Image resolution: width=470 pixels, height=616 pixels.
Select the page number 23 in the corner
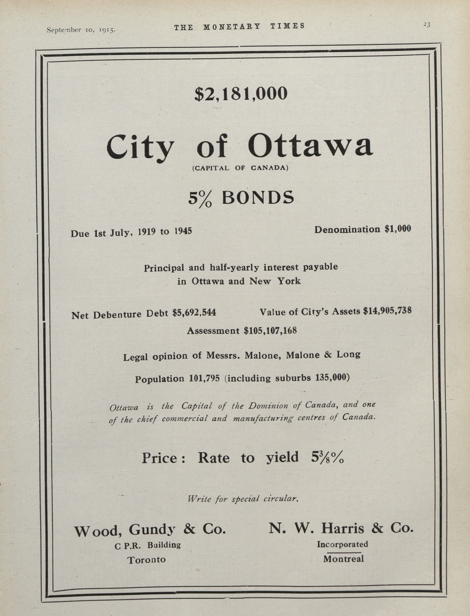pos(426,25)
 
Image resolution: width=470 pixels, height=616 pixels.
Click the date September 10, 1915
pos(81,30)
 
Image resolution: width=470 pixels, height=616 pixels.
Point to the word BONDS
pos(258,197)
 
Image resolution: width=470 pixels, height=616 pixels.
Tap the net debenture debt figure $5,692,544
pos(194,313)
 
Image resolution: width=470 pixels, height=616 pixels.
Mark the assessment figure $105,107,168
pos(270,331)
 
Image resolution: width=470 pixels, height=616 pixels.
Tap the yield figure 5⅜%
pos(327,457)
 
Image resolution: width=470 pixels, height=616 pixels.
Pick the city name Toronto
pos(147,560)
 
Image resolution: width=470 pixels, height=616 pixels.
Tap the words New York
pos(275,281)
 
